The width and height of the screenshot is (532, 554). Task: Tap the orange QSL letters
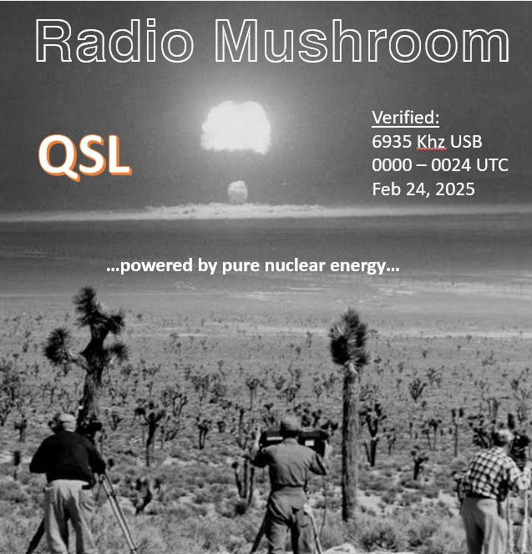tap(85, 156)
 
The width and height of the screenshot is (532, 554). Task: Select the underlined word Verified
tap(405, 118)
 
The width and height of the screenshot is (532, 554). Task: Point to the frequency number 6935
tap(392, 142)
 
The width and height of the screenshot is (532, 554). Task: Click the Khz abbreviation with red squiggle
tap(431, 142)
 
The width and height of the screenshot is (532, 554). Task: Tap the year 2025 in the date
tap(455, 189)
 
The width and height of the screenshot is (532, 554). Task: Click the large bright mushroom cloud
tap(236, 128)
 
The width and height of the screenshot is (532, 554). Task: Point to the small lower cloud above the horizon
tap(238, 192)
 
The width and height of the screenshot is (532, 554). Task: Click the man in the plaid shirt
tap(490, 491)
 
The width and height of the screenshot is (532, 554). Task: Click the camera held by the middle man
tap(293, 438)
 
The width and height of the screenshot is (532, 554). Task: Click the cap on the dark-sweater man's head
tap(66, 418)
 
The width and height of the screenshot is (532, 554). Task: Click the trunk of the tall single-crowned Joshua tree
tap(349, 441)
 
